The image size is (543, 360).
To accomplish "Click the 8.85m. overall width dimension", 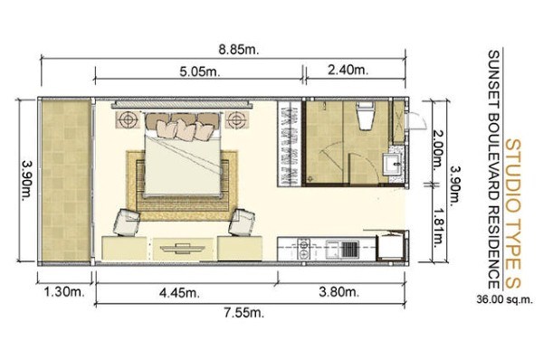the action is [239, 50].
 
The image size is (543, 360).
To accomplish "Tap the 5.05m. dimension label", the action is [200, 71].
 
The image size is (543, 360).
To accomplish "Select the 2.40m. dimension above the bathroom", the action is [348, 70].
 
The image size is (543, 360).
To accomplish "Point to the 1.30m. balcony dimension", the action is [64, 292].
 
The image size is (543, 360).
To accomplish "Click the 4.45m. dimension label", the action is [179, 293].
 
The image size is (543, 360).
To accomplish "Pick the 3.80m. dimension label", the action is [338, 292].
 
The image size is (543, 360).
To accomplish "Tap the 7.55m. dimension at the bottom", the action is [243, 313].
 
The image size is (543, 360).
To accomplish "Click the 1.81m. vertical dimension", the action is [438, 227].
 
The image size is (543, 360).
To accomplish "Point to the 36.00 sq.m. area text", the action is [504, 299].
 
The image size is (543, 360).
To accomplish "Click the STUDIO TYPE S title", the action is [513, 213].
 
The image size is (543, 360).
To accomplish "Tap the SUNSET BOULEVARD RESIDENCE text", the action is [493, 169].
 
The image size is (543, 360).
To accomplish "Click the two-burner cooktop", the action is [304, 249].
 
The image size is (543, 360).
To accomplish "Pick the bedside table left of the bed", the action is [129, 119].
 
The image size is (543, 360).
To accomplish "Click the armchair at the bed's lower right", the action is [242, 222].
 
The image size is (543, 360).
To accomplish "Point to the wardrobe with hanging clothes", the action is [290, 144].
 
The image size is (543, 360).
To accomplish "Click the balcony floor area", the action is [66, 180].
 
